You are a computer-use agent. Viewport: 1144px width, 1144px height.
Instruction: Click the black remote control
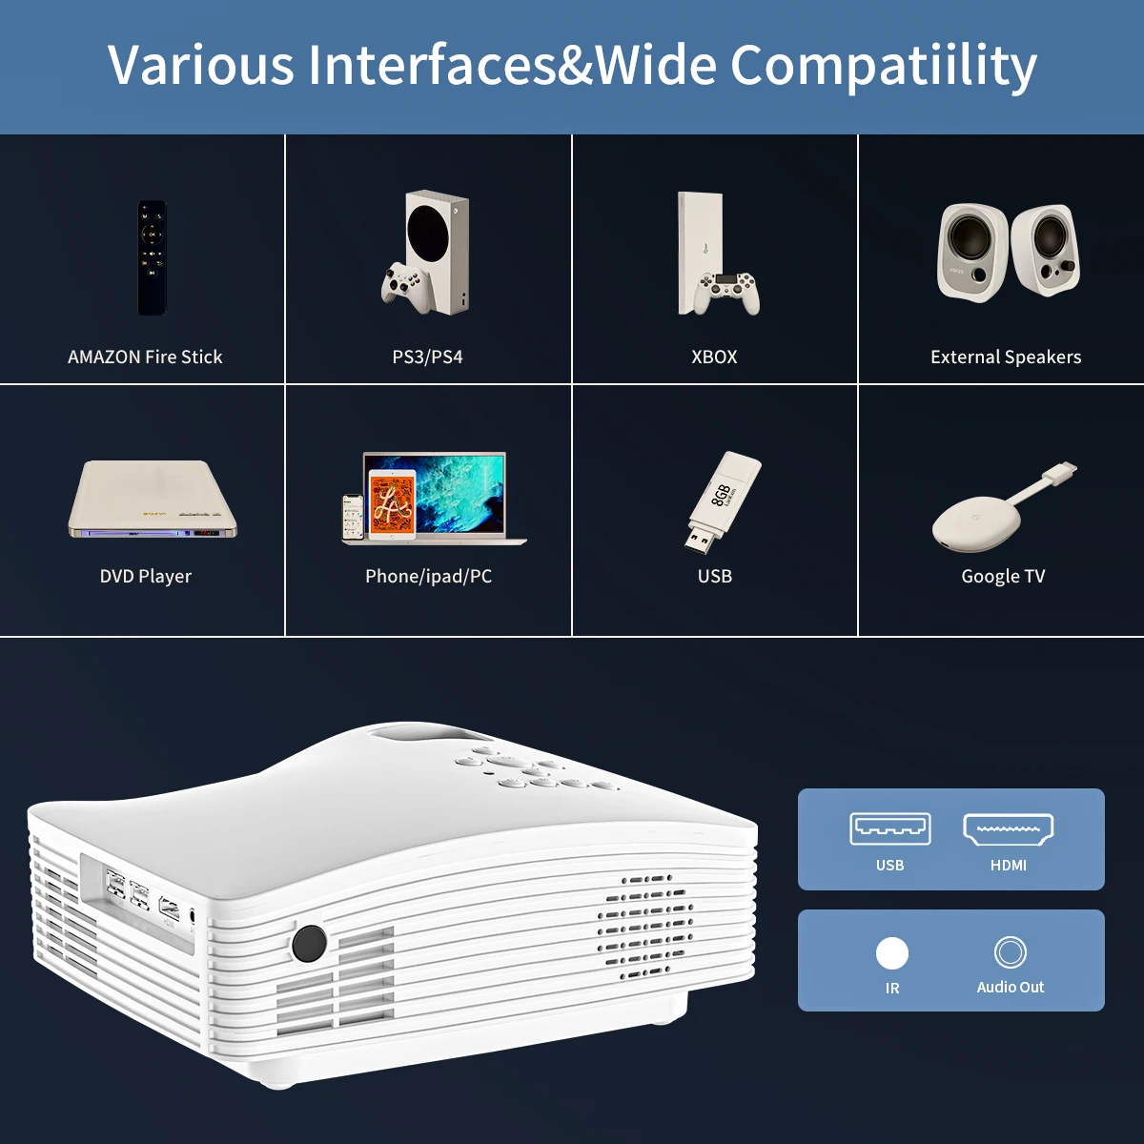[x=153, y=257]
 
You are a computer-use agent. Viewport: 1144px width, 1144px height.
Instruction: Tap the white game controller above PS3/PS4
[x=407, y=285]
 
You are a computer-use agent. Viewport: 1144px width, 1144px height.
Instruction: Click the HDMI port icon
[x=1008, y=829]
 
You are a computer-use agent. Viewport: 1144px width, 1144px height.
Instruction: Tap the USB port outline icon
[x=889, y=829]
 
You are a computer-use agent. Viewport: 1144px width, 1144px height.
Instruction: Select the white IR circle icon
[x=891, y=953]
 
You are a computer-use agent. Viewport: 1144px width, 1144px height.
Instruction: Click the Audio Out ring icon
[x=1010, y=952]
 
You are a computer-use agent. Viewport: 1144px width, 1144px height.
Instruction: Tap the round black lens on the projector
[x=309, y=943]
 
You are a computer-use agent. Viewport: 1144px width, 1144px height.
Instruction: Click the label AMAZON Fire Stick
[x=145, y=357]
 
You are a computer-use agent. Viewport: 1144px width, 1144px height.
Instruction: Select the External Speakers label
[x=1006, y=357]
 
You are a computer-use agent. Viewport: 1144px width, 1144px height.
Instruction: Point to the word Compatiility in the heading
[x=883, y=67]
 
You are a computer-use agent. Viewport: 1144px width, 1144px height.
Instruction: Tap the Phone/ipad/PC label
[x=428, y=577]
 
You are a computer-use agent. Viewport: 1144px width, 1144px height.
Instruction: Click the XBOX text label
[x=714, y=357]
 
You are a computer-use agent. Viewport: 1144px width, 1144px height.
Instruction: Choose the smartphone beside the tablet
[x=354, y=518]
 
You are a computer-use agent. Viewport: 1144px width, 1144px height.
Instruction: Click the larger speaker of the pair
[x=971, y=252]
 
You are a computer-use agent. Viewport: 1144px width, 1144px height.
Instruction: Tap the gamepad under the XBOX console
[x=725, y=292]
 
